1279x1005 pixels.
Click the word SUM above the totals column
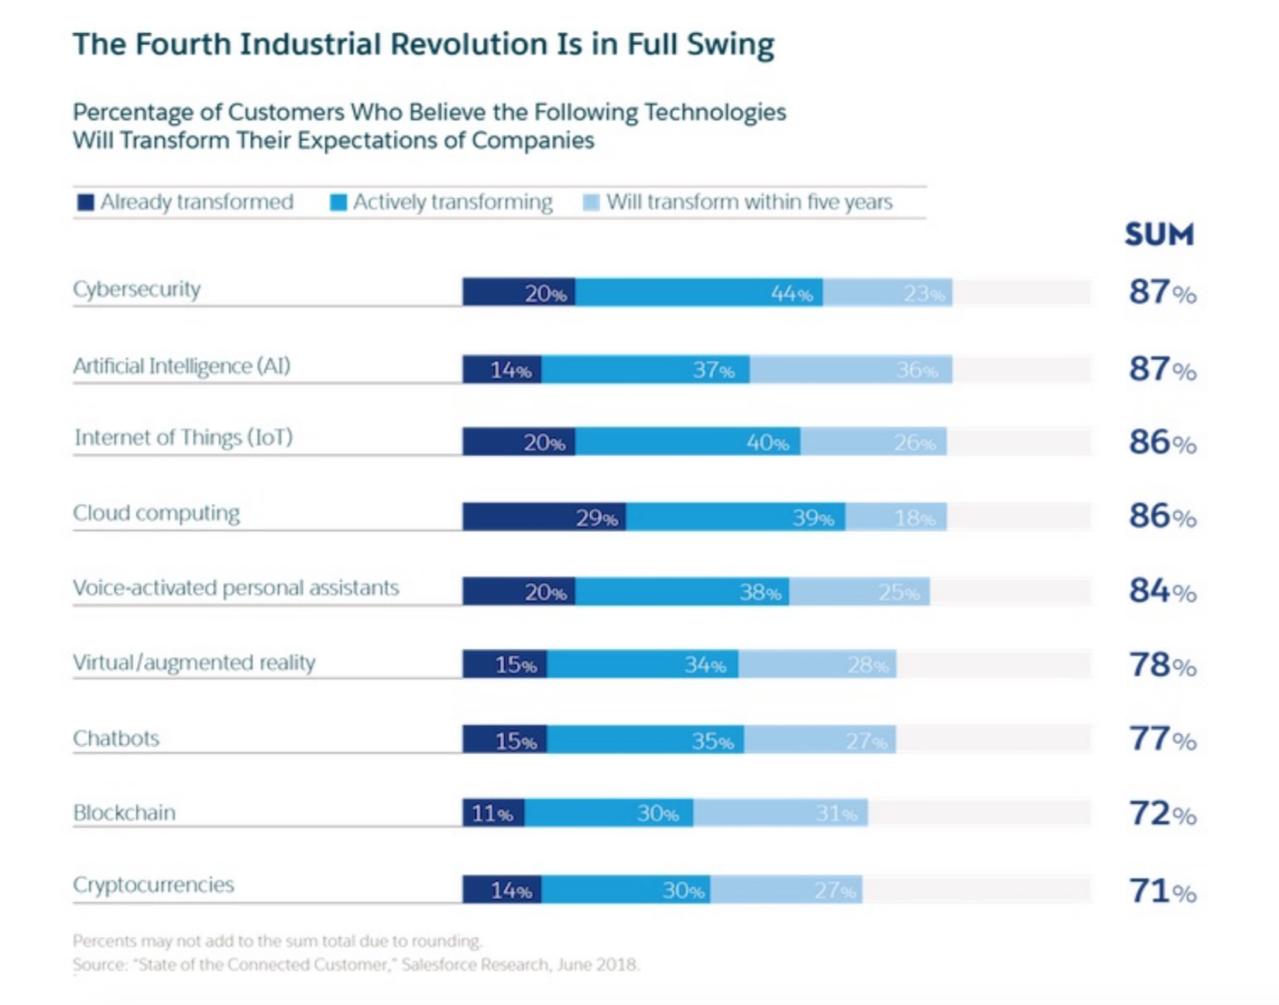click(1159, 234)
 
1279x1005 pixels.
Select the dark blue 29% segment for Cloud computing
click(544, 516)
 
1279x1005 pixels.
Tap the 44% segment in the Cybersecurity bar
click(698, 293)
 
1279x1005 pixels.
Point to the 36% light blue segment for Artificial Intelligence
click(851, 369)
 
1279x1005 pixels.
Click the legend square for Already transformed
click(85, 203)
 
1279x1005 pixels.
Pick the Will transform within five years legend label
click(749, 202)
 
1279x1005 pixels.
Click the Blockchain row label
click(125, 812)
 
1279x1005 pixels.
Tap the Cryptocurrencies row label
click(153, 884)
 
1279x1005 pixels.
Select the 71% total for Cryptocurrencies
click(1161, 891)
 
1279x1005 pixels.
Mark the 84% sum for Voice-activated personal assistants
click(1161, 591)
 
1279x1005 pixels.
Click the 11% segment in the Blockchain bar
click(493, 813)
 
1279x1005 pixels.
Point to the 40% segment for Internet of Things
click(688, 442)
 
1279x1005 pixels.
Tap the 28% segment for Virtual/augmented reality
click(818, 664)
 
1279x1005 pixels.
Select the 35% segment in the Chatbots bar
click(645, 740)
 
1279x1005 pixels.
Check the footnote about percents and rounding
click(277, 941)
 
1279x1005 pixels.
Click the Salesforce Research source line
click(356, 965)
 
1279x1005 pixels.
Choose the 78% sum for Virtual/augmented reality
click(1161, 665)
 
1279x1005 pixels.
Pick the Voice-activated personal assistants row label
click(236, 588)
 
